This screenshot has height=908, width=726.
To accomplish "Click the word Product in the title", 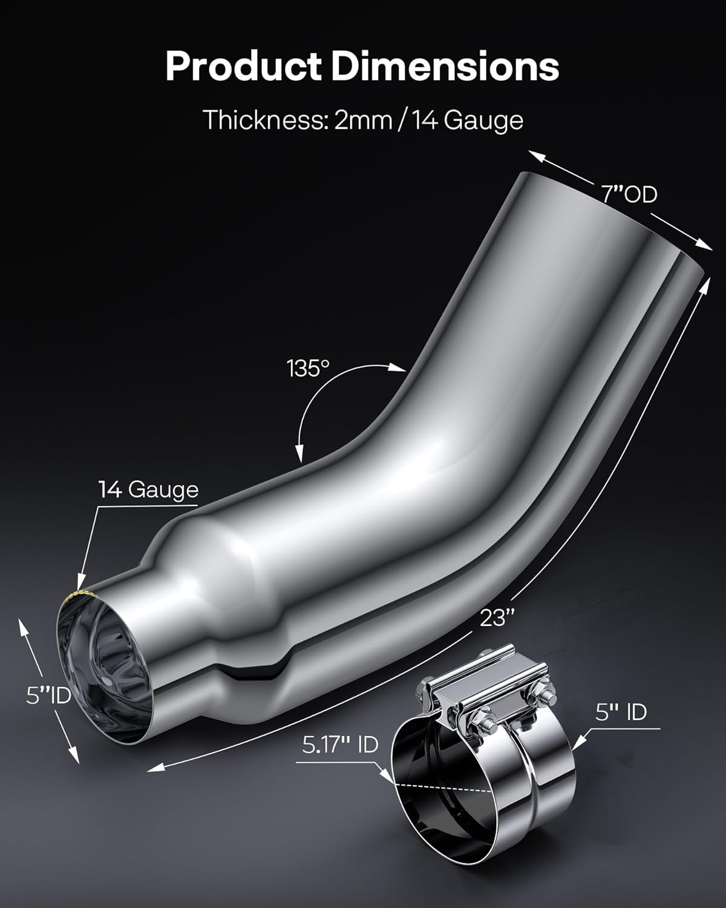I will tap(245, 67).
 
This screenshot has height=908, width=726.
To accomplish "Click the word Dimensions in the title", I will tap(445, 67).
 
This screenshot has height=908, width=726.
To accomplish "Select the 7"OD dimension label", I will tap(629, 194).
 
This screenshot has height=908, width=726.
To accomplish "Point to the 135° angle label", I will tap(308, 368).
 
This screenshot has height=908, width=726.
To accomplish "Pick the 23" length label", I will tap(497, 618).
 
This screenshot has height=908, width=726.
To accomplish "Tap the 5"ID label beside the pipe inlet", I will tap(48, 696).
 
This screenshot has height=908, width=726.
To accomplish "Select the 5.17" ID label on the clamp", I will tap(340, 744).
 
